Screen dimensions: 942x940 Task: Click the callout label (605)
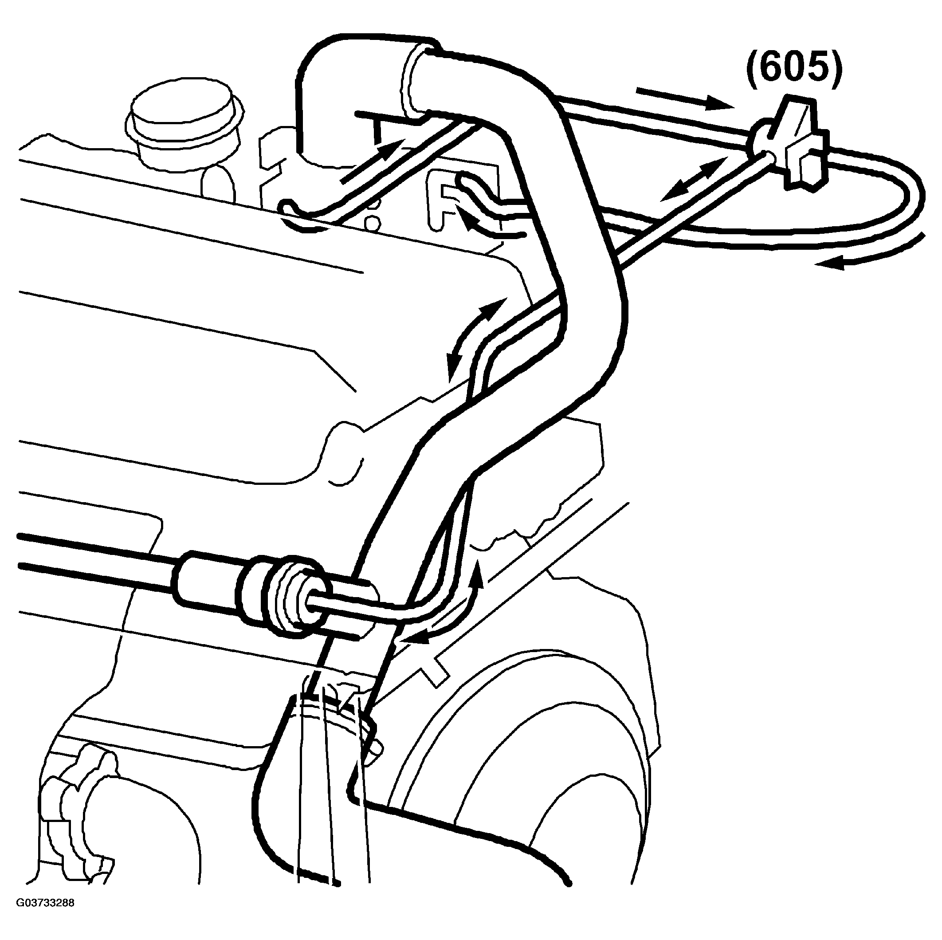(794, 69)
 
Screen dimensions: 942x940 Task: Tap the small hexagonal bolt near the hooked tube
(372, 223)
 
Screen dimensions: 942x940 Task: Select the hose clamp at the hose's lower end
(337, 712)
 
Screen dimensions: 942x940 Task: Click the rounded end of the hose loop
(902, 195)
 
